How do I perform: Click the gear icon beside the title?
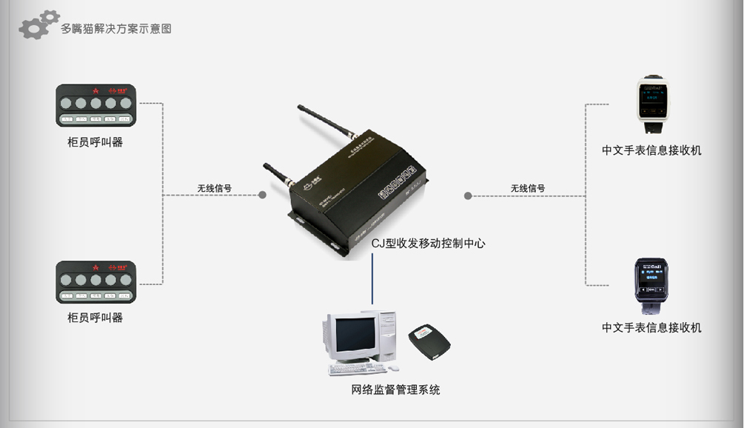click(38, 24)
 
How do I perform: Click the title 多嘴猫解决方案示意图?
click(116, 30)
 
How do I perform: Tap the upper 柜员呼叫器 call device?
click(96, 105)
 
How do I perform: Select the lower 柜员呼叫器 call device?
click(96, 282)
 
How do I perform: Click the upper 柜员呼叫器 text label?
click(95, 142)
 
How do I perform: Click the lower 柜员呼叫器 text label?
click(95, 318)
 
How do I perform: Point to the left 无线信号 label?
click(214, 188)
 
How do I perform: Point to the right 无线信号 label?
click(527, 188)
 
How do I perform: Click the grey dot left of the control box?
click(262, 195)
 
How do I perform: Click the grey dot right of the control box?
click(468, 195)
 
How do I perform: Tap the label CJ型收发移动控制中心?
click(428, 243)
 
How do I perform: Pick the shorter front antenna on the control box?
click(275, 174)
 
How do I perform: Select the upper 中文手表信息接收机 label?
click(651, 150)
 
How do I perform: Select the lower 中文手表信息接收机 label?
click(651, 327)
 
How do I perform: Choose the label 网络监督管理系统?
click(395, 389)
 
